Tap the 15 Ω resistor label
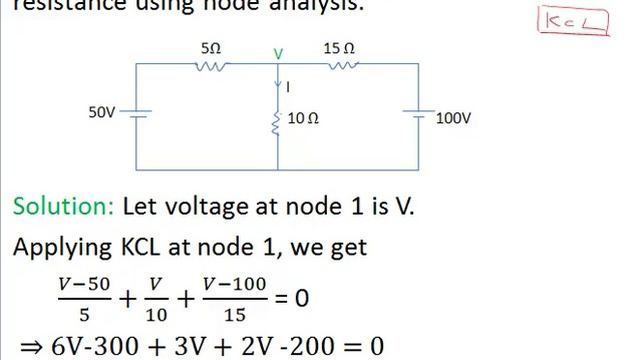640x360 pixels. coord(339,47)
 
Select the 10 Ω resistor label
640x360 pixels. coord(303,118)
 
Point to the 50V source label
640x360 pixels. coord(103,113)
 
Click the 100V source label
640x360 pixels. coord(453,118)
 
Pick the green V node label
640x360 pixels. coord(278,51)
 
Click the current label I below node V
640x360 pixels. coord(288,87)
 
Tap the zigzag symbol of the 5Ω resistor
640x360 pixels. coord(212,65)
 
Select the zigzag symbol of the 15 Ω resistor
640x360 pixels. coord(343,65)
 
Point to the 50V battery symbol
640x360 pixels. coord(137,114)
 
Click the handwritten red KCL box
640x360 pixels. coord(573,21)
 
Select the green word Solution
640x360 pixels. coord(63,207)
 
